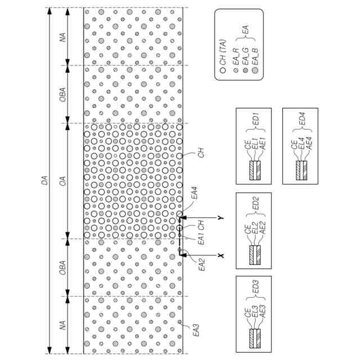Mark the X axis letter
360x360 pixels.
[222, 255]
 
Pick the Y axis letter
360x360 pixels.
[222, 217]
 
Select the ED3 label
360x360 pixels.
[254, 294]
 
